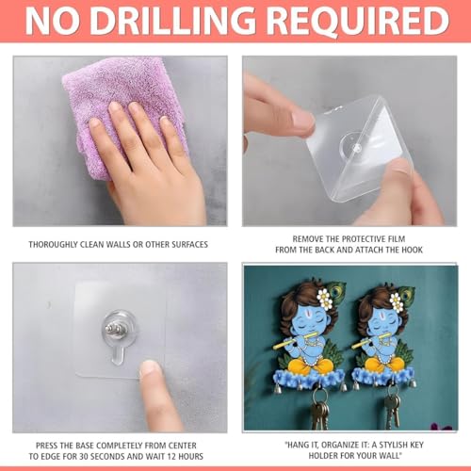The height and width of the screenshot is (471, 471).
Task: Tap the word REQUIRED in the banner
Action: click(x=359, y=21)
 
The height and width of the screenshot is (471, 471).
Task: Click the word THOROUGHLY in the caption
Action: click(x=54, y=244)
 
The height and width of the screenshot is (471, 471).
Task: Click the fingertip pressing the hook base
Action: click(x=151, y=370)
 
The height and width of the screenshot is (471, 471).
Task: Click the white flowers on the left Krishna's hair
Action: click(x=325, y=299)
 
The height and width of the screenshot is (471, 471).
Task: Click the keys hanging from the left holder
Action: click(x=319, y=408)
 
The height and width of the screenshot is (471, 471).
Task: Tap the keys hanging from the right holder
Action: click(x=392, y=407)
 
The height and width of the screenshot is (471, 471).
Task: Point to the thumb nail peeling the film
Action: click(x=302, y=120)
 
